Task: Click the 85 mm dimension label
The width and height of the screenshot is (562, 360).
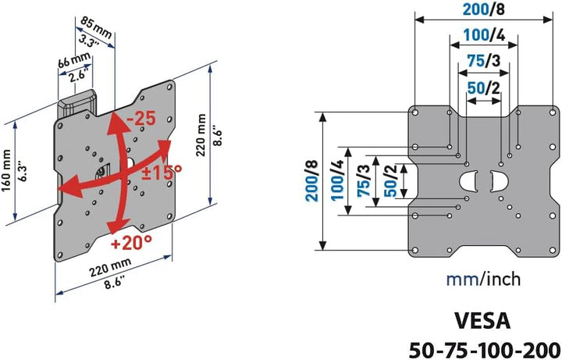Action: pos(96,27)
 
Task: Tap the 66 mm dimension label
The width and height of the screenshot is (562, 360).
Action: pos(74,60)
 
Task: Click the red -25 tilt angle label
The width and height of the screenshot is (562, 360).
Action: pos(141,118)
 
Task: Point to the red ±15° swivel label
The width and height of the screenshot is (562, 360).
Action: pos(162,173)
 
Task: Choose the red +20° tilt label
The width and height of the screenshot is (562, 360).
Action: pos(131,243)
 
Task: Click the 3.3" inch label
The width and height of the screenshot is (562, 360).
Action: pos(88,41)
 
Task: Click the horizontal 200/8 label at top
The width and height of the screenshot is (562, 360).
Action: pos(483,9)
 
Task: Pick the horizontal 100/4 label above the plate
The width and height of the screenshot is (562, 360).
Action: pos(484,35)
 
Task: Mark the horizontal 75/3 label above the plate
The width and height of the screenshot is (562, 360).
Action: pos(483,61)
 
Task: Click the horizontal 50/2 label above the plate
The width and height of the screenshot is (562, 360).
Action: pos(483,87)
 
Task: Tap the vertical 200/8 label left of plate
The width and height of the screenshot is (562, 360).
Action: pos(311,180)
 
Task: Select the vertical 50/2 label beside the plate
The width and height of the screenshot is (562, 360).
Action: pos(391,180)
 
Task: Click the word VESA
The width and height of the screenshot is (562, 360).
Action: pos(482,321)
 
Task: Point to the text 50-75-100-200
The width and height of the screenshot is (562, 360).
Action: pos(485,349)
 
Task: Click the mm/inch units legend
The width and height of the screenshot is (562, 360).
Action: pos(483,279)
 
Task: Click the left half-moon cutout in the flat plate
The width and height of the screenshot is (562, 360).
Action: pos(468,180)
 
